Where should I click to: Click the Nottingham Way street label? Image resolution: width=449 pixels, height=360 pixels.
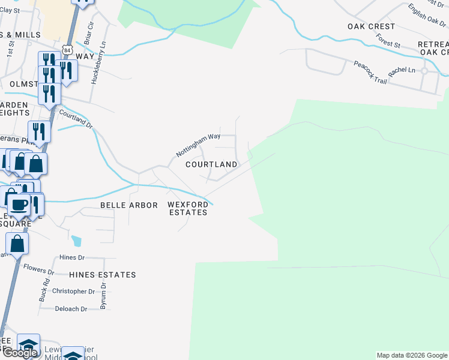[199, 146]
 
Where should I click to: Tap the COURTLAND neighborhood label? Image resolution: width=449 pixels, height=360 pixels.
[211, 164]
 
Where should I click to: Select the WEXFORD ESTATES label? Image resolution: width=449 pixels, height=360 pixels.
[187, 208]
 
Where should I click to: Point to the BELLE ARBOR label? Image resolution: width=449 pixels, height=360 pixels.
[128, 205]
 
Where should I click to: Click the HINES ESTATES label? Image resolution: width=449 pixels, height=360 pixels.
[103, 275]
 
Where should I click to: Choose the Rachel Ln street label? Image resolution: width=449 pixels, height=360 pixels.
[402, 71]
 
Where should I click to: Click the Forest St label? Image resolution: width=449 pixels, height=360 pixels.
[388, 40]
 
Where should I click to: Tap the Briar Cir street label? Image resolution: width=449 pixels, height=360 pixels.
[89, 37]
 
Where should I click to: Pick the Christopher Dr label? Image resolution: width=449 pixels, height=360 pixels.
[74, 292]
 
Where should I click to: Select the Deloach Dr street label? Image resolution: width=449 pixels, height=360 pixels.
[71, 309]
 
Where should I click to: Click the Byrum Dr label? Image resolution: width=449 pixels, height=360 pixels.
[104, 296]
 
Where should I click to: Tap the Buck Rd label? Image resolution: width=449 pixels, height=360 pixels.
[44, 290]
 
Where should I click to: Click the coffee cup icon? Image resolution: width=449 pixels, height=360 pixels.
[19, 204]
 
